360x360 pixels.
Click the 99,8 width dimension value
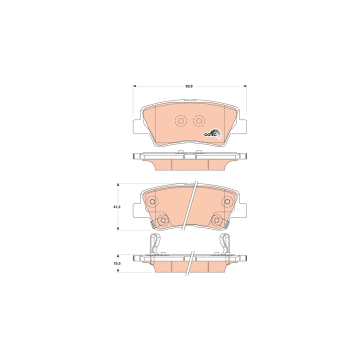click(x=189, y=86)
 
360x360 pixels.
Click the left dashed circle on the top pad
click(x=180, y=121)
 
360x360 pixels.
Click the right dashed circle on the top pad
click(x=199, y=121)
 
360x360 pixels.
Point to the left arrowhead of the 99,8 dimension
click(x=135, y=86)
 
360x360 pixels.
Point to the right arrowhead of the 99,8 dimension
click(x=245, y=86)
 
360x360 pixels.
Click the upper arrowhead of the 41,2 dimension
click(x=118, y=185)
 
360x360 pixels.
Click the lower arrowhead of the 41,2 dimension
click(x=118, y=228)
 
